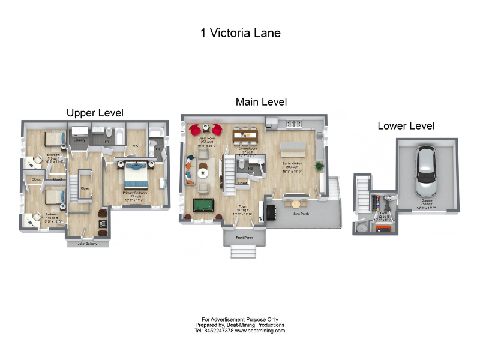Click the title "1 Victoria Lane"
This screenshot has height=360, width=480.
240,33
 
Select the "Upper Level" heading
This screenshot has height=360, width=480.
95,113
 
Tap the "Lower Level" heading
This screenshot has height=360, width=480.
406,126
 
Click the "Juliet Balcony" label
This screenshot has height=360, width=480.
88,244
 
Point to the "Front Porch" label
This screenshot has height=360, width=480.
244,237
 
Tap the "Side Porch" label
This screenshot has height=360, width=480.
301,213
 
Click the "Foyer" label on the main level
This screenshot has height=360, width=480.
243,206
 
